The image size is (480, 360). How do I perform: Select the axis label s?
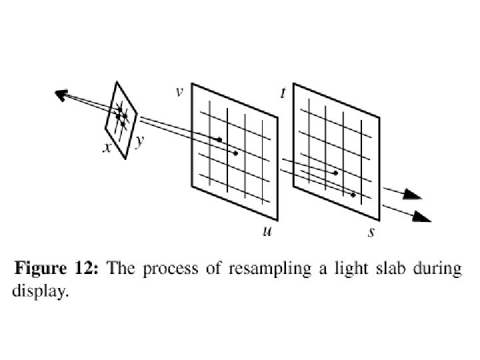[371, 232]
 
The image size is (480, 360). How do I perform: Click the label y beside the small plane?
[139, 142]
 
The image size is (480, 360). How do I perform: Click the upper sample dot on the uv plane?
[219, 139]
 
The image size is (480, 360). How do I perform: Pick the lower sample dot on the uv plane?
[235, 153]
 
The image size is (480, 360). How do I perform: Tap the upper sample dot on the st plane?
[336, 173]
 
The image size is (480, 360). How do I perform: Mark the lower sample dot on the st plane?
[353, 195]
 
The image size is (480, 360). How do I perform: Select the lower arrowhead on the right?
[422, 217]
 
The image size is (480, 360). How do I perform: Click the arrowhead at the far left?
[62, 96]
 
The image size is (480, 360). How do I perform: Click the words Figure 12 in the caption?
[57, 270]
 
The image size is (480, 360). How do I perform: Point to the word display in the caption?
[40, 291]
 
